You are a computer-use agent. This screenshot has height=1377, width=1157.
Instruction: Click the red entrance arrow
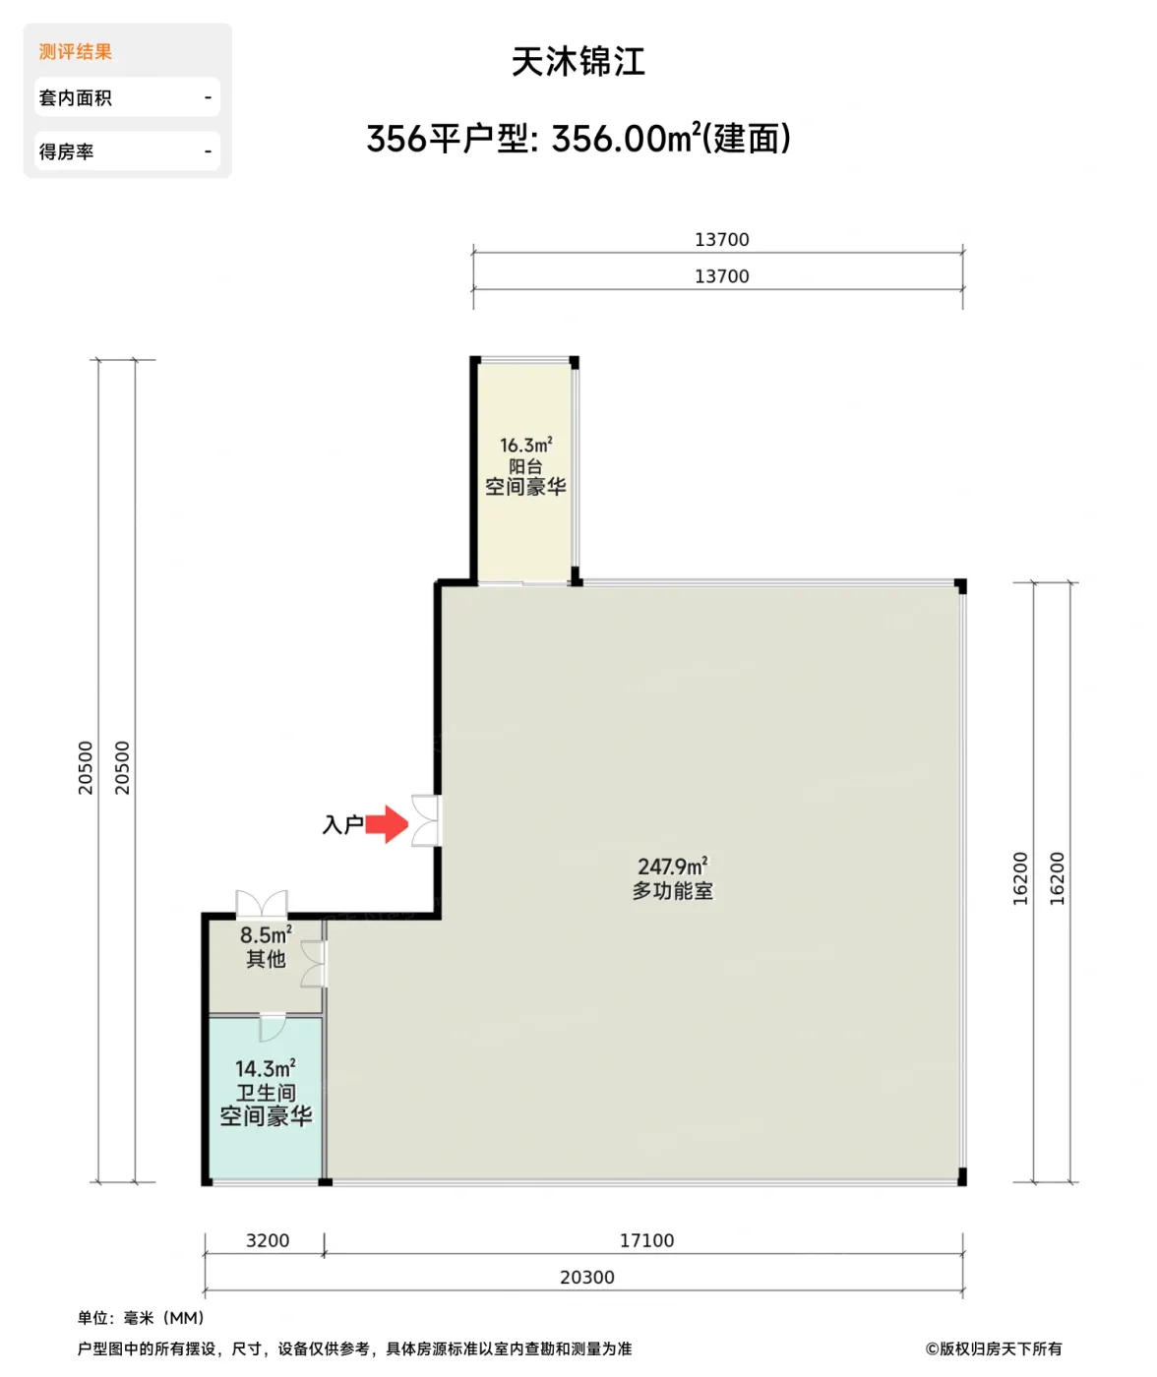tap(388, 823)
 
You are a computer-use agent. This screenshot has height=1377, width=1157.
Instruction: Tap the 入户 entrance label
tap(343, 824)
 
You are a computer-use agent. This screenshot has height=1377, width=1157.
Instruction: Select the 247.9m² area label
tap(672, 866)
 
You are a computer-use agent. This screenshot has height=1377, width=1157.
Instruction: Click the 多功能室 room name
tap(672, 891)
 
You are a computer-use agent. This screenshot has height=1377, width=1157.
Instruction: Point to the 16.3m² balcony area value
tap(525, 445)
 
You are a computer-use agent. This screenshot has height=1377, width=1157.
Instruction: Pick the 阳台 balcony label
tap(525, 466)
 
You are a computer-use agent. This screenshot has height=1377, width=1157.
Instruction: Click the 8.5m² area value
tap(266, 934)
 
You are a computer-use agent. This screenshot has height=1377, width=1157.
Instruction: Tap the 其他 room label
tap(266, 958)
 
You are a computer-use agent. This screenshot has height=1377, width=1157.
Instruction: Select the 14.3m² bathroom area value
tap(266, 1068)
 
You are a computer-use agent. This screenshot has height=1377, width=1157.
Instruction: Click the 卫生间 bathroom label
tap(266, 1092)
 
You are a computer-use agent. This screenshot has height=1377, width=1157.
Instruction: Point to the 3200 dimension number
tap(268, 1240)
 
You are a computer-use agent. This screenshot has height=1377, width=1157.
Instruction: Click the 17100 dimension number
tap(646, 1240)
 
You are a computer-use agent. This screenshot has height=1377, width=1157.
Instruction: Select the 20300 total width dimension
tap(587, 1278)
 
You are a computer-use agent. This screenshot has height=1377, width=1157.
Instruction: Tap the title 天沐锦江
tap(578, 62)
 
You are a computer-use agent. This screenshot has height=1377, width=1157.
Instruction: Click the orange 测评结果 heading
tap(75, 51)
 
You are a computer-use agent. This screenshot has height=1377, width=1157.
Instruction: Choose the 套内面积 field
tap(127, 97)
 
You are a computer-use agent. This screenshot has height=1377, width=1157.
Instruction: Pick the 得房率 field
tap(127, 151)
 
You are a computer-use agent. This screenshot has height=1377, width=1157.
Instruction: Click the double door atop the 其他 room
tap(262, 904)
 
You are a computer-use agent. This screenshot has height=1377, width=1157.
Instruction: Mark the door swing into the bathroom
tap(273, 1028)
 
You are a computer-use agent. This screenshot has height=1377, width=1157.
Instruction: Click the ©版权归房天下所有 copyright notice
tap(994, 1348)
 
